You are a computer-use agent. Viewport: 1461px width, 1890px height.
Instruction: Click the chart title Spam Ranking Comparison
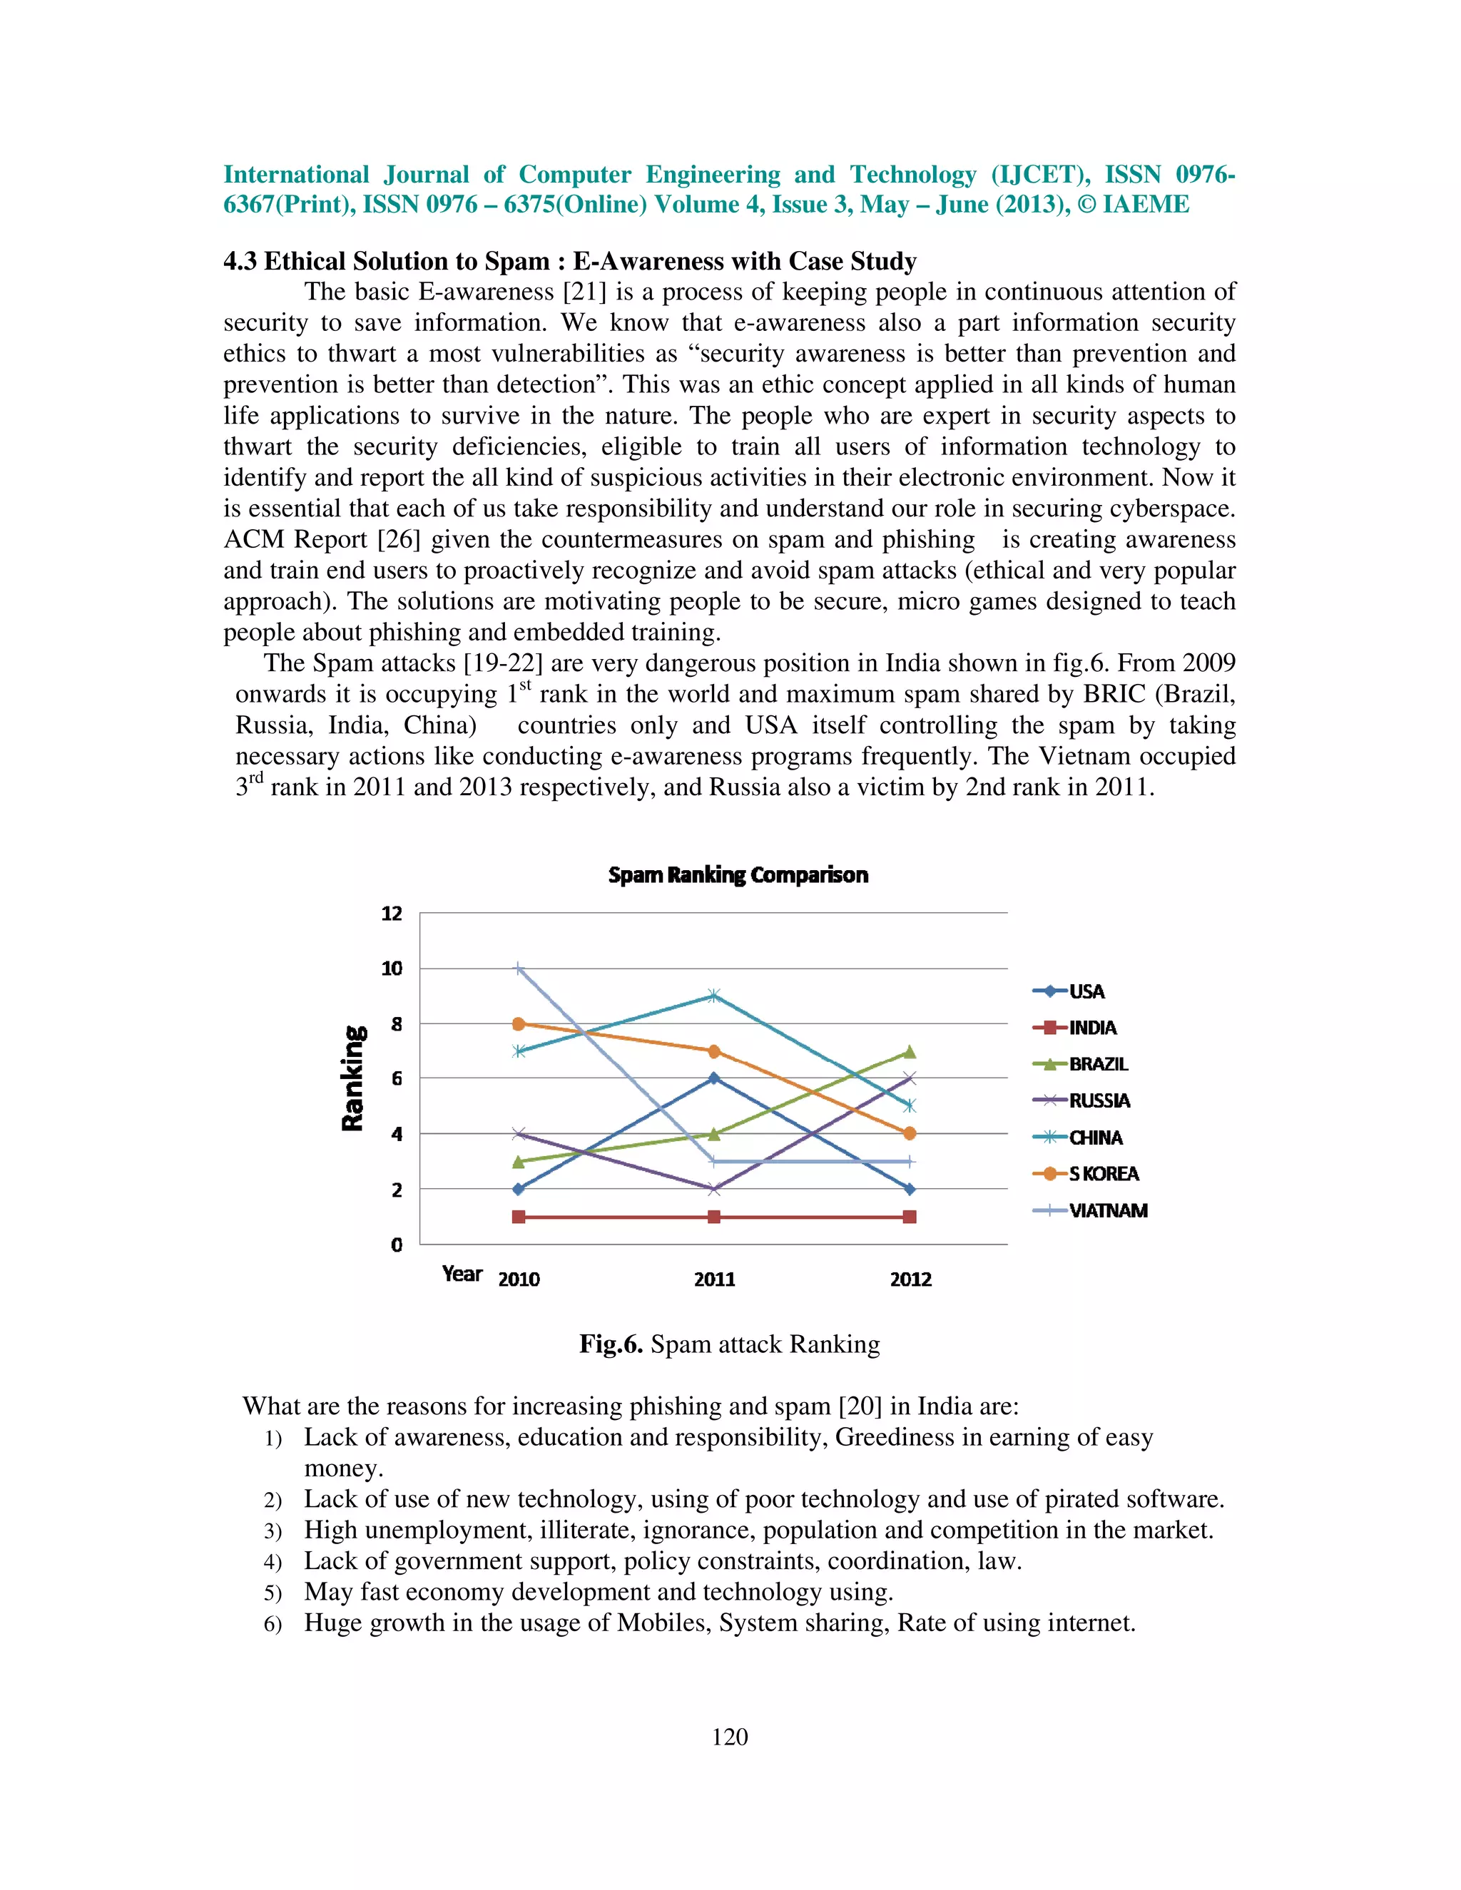click(x=738, y=875)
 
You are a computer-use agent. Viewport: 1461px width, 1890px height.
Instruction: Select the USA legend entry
click(x=1086, y=992)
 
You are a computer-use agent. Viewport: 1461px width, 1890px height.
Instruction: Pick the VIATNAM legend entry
click(x=1108, y=1211)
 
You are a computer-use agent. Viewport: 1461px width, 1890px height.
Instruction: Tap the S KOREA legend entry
click(x=1104, y=1175)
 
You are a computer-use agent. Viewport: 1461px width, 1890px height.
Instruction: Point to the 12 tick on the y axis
click(x=392, y=914)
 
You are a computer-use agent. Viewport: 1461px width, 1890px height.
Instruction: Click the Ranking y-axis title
click(x=353, y=1078)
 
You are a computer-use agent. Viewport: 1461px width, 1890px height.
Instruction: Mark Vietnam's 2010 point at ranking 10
click(x=519, y=969)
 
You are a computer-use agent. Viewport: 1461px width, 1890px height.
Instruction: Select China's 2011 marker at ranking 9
click(x=713, y=996)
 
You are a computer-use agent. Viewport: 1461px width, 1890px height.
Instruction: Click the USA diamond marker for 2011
click(x=713, y=1078)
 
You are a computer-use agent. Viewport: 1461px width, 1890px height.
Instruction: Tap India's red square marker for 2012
click(x=910, y=1217)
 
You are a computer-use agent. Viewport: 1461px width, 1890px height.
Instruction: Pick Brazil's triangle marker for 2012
click(x=910, y=1052)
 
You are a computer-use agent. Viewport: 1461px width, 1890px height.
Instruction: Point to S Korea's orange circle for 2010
click(x=519, y=1023)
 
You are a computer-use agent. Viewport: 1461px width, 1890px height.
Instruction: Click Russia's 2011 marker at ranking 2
click(x=713, y=1189)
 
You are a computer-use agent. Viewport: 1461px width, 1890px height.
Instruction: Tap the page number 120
click(x=730, y=1737)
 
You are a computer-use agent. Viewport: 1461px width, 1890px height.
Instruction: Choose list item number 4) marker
click(x=273, y=1562)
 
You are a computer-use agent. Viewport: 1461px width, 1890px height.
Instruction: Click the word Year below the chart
click(x=462, y=1274)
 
